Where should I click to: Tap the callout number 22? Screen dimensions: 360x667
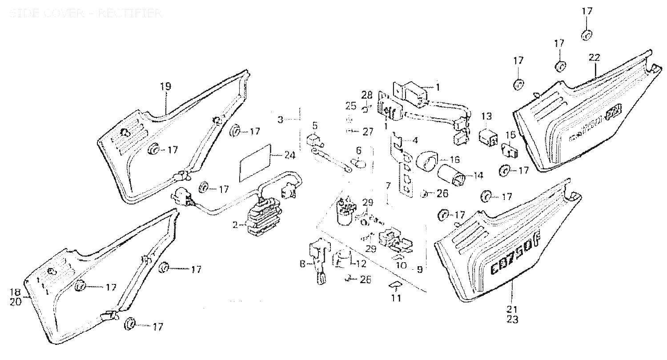pos(595,57)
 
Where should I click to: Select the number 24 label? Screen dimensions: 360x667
pos(289,156)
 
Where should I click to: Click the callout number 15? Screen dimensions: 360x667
pos(511,135)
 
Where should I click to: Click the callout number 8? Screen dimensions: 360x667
pos(302,264)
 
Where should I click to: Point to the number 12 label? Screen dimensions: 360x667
pos(361,264)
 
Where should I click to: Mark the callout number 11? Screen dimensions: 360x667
pos(396,298)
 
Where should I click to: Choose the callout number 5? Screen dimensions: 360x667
pos(315,125)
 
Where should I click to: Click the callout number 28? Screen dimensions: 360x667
pos(366,95)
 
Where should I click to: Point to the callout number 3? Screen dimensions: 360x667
pos(280,120)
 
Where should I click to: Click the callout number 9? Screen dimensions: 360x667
pos(418,269)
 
